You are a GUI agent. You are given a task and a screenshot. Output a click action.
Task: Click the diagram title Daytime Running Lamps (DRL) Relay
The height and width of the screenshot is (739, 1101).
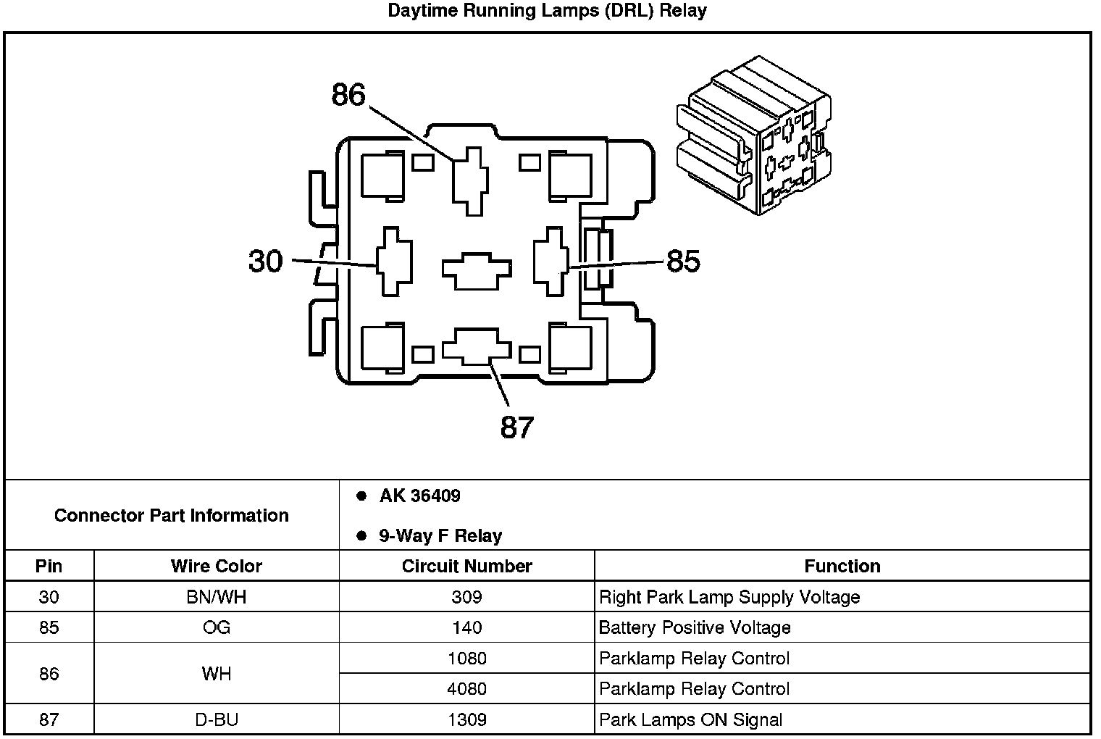(x=547, y=10)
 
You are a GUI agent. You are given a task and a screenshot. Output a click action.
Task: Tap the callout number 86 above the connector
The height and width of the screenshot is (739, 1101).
(x=348, y=95)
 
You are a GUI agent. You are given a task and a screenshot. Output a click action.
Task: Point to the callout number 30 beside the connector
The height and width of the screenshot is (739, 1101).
(x=265, y=260)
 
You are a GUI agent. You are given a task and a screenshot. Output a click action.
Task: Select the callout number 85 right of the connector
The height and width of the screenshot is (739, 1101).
(x=683, y=261)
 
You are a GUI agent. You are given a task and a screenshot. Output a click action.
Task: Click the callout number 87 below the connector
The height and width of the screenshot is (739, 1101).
(x=516, y=427)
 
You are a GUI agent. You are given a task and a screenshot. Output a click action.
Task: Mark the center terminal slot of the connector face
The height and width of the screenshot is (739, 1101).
(x=476, y=271)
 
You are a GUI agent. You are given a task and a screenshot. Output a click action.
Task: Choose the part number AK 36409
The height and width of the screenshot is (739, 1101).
(x=419, y=496)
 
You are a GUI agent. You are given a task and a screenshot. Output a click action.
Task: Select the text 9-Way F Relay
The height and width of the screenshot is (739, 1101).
(x=440, y=536)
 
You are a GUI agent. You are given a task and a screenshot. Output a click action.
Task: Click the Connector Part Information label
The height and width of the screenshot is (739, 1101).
(x=172, y=515)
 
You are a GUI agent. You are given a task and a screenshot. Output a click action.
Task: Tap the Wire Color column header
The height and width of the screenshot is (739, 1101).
(x=216, y=566)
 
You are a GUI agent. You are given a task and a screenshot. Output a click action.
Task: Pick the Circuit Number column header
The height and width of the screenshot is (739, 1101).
(x=466, y=566)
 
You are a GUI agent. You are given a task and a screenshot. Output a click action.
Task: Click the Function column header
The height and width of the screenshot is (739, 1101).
(x=842, y=566)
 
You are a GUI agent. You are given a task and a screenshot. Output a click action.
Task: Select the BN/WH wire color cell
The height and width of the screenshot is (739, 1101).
(x=216, y=597)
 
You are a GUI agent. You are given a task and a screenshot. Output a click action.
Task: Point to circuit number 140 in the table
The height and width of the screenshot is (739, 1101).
(x=466, y=627)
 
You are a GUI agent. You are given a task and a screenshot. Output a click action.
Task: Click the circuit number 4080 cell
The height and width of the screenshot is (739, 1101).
(x=466, y=688)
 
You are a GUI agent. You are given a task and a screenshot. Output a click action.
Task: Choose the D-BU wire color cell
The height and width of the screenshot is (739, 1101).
(x=216, y=719)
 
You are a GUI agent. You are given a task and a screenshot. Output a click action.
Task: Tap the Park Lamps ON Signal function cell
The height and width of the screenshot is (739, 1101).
(x=690, y=719)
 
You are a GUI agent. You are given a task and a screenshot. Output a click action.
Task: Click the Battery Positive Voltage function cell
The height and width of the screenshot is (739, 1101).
(x=694, y=627)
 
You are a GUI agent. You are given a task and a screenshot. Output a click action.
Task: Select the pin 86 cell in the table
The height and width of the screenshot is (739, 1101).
(x=49, y=674)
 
